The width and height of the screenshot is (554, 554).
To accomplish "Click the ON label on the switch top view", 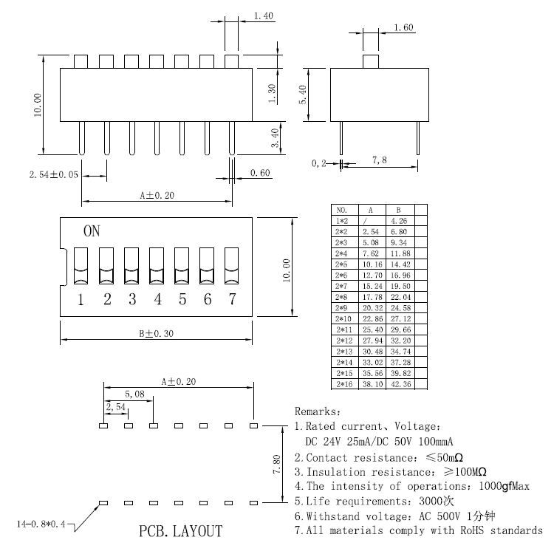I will [x=92, y=231].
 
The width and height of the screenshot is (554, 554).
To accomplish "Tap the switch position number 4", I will [x=157, y=299].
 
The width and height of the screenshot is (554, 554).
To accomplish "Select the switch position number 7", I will [x=232, y=299].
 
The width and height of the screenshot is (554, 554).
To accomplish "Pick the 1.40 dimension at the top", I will [x=264, y=16].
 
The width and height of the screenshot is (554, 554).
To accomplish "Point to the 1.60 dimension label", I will [x=404, y=28].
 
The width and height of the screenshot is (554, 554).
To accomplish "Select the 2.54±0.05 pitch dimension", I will [x=52, y=176].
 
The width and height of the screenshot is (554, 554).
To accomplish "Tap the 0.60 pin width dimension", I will [x=260, y=173].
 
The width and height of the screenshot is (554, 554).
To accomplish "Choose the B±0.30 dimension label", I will [x=156, y=333].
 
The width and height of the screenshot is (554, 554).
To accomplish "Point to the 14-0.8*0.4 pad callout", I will [x=42, y=524].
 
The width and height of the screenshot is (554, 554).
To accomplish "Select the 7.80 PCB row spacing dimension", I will [x=276, y=463].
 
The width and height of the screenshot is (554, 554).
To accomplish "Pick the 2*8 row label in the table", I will [x=341, y=298].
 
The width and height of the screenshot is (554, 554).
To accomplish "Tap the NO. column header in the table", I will [x=341, y=210].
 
